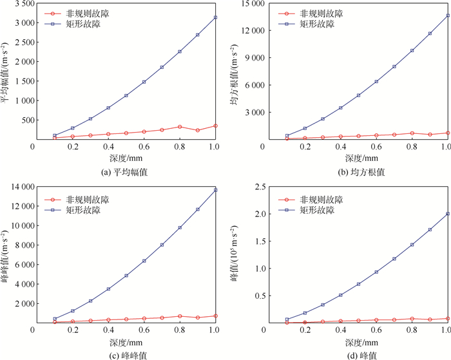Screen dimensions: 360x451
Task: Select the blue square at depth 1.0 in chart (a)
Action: (x=215, y=17)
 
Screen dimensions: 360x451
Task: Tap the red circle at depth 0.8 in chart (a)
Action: (x=180, y=127)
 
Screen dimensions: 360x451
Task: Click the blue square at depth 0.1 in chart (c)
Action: (x=55, y=319)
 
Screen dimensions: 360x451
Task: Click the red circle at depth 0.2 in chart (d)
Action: (x=305, y=322)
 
